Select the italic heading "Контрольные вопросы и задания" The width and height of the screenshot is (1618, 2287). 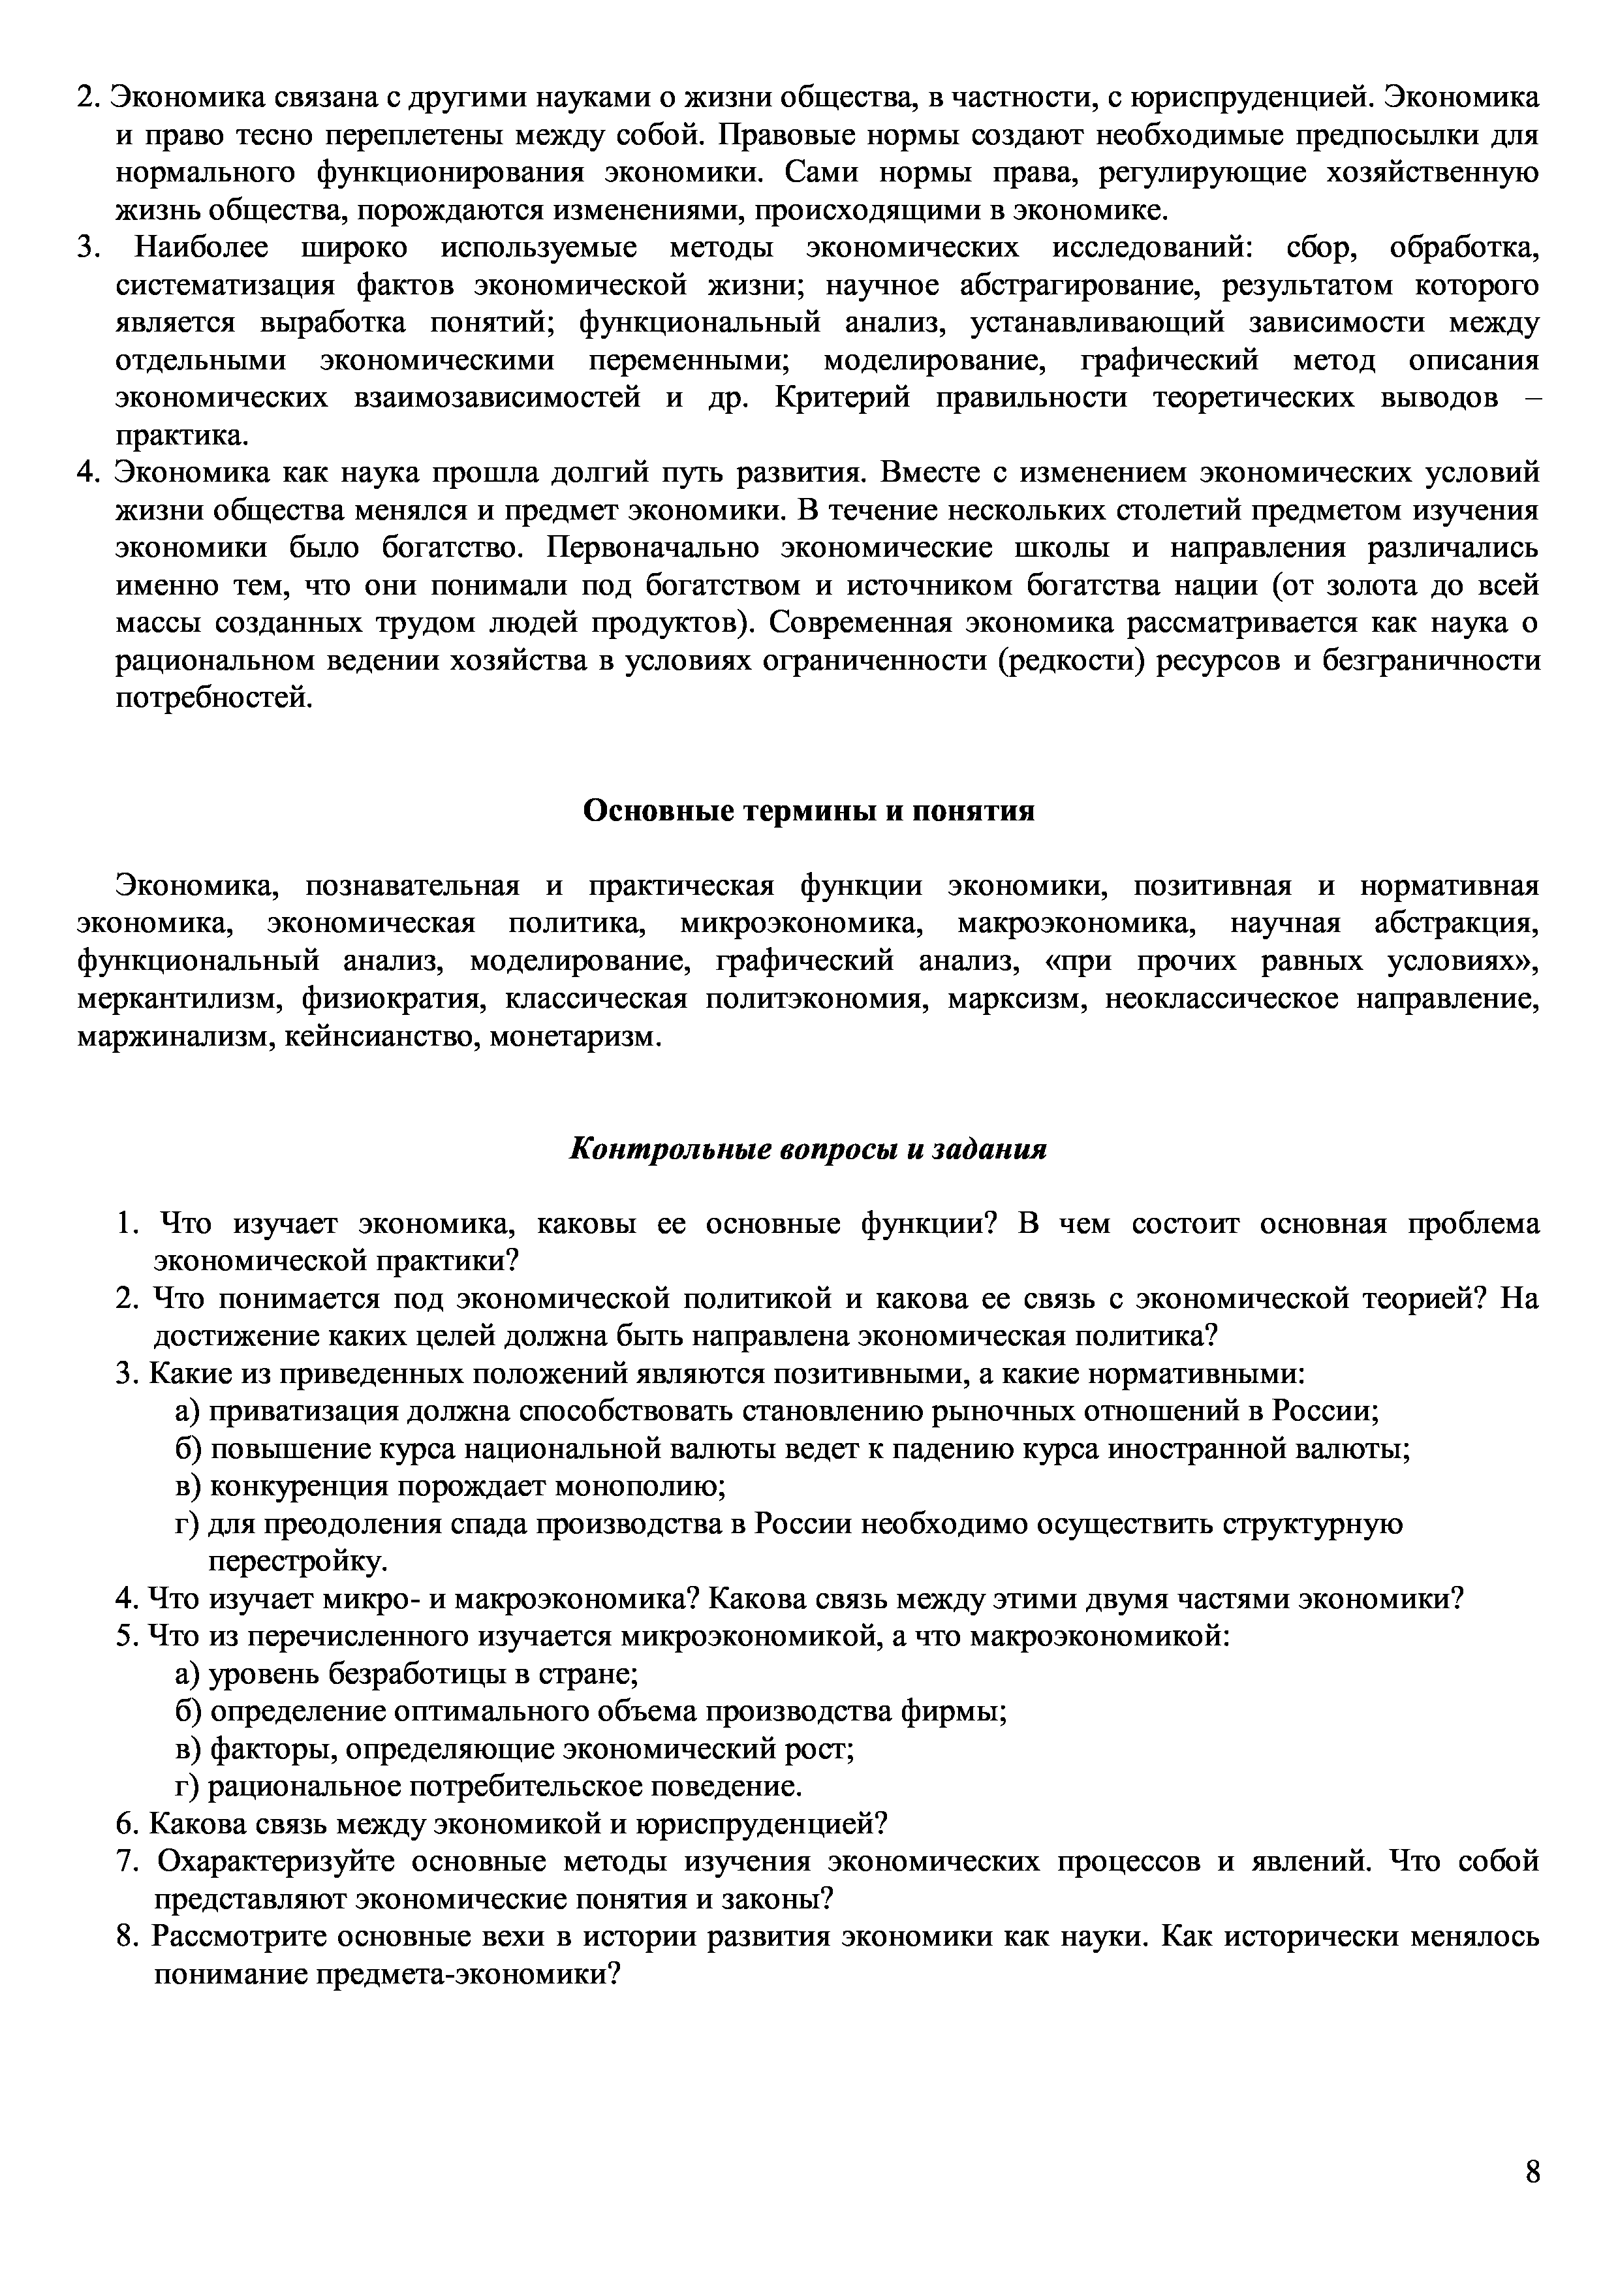point(808,1149)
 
